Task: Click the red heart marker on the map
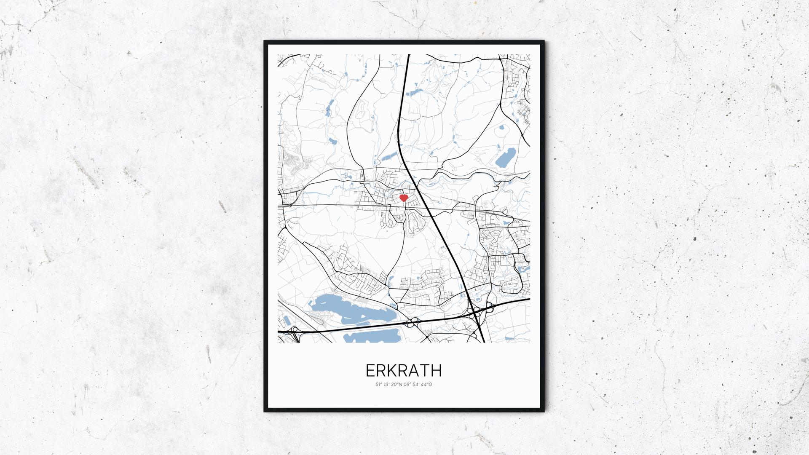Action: click(x=404, y=198)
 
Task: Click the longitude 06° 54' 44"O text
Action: click(x=418, y=384)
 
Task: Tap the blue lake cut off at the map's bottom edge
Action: click(x=371, y=337)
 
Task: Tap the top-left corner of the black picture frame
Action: click(x=265, y=42)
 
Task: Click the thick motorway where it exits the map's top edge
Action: click(x=408, y=55)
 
